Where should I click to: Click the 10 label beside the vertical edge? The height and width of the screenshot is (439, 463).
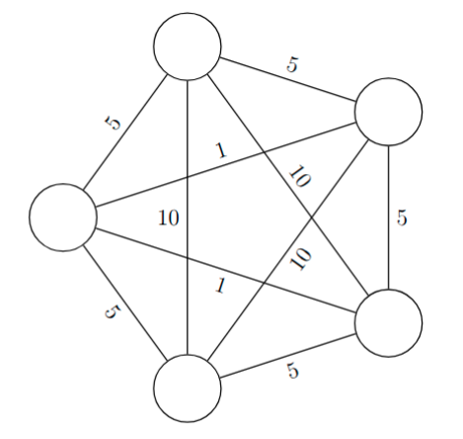(x=169, y=218)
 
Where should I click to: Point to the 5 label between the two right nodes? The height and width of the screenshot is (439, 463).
(x=402, y=218)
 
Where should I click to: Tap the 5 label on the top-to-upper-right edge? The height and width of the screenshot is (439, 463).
(x=292, y=64)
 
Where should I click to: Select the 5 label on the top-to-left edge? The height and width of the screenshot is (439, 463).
(x=114, y=123)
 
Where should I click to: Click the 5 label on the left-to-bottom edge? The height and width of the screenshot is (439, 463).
(x=113, y=311)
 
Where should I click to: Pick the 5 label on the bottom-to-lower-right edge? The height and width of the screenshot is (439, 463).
(x=292, y=371)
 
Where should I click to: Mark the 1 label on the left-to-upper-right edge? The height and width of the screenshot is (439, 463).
(x=222, y=150)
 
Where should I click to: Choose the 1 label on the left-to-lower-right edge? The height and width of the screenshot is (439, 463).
(x=220, y=285)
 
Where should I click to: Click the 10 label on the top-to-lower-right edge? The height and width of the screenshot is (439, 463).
(x=299, y=176)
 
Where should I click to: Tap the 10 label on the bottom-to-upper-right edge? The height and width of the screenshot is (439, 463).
(x=300, y=259)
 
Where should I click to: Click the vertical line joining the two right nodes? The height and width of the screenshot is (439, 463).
(x=389, y=218)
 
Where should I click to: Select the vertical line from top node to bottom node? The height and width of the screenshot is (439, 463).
(x=188, y=218)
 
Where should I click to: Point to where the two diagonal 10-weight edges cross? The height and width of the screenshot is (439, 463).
(x=311, y=218)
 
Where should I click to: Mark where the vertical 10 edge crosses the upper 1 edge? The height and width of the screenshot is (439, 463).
(x=188, y=178)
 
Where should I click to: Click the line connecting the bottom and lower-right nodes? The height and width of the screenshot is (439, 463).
(x=288, y=356)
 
